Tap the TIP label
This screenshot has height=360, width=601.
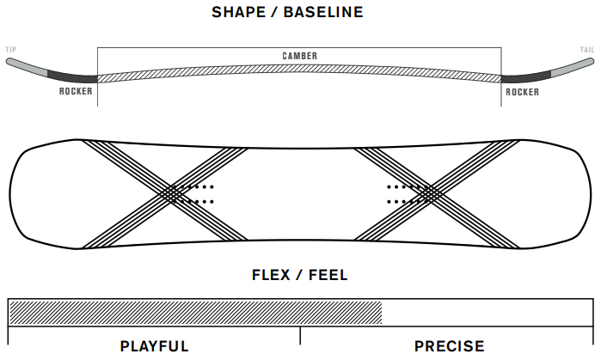(11, 50)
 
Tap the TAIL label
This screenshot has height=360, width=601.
(587, 50)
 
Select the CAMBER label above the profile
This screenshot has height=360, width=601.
(299, 56)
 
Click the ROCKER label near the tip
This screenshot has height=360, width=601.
(77, 91)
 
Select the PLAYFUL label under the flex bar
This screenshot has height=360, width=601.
(154, 346)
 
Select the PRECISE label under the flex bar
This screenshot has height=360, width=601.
(449, 346)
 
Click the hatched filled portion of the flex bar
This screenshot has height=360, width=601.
(194, 311)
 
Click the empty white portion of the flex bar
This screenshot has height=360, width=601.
(487, 311)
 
